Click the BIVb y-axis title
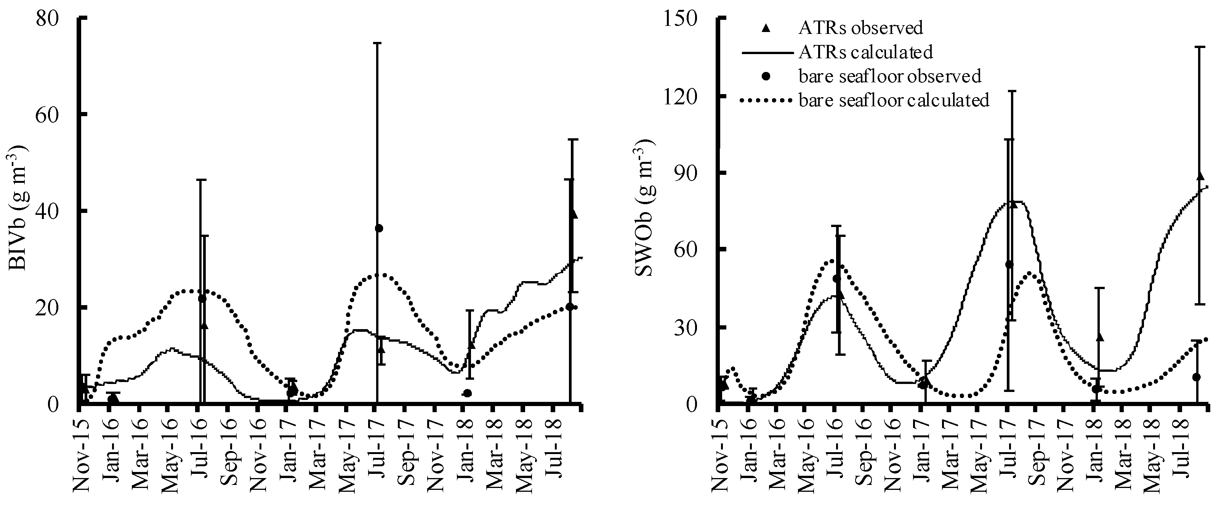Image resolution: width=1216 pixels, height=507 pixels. click(18, 208)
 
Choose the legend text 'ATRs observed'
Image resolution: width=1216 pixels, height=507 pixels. click(860, 28)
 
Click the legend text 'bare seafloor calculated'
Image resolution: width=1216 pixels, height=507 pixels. click(894, 100)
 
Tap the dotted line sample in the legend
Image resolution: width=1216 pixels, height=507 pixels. click(765, 100)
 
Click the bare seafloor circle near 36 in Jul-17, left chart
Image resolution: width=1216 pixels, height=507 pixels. click(378, 229)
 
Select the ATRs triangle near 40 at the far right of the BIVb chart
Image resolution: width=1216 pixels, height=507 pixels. click(574, 214)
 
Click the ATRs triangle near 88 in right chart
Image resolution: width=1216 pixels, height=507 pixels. click(1201, 176)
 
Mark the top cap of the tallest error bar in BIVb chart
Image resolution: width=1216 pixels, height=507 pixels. click(377, 43)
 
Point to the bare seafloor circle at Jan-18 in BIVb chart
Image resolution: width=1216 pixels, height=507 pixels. click(467, 393)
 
